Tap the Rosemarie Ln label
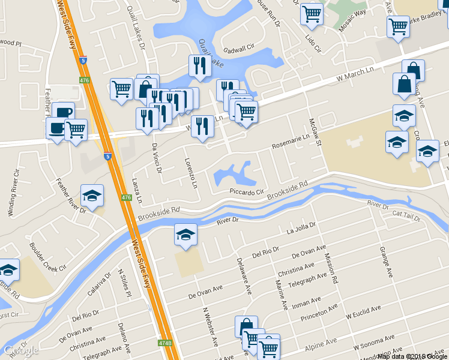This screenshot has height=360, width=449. coord(291,142)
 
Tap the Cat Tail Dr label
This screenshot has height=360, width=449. coord(406,215)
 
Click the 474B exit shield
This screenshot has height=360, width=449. coord(165,344)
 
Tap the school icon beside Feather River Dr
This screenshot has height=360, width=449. coord(92,196)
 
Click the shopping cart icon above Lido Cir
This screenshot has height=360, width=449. coord(312,13)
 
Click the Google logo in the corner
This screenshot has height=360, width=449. coord(22,351)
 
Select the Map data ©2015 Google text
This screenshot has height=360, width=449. coord(412,356)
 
